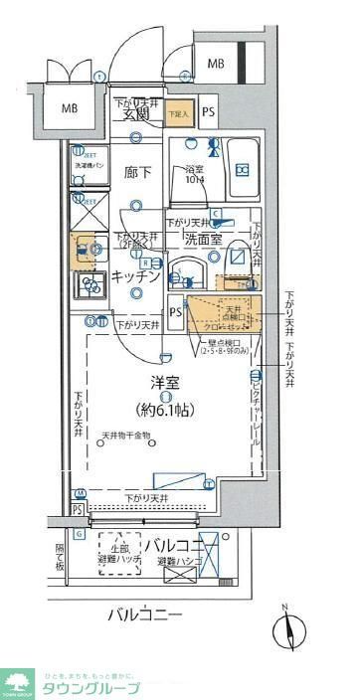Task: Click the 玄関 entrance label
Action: (136, 115)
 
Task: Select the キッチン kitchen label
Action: (135, 276)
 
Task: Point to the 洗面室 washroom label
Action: (205, 241)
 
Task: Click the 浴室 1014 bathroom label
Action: (196, 175)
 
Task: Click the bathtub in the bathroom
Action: (240, 170)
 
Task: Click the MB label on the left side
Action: (72, 108)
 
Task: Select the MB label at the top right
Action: (216, 64)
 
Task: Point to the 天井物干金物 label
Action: (125, 436)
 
